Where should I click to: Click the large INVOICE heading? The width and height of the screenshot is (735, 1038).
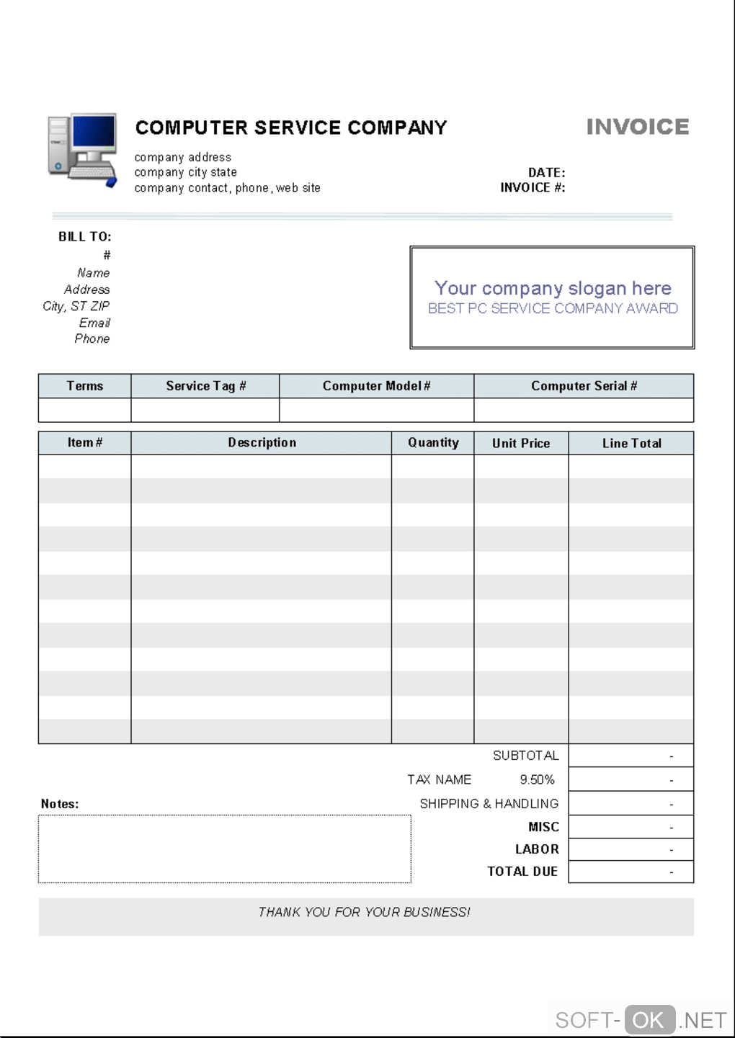tap(638, 127)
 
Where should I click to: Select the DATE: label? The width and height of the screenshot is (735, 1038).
tap(547, 173)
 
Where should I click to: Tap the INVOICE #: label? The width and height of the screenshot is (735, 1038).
tap(533, 187)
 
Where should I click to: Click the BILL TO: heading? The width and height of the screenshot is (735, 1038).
tap(85, 236)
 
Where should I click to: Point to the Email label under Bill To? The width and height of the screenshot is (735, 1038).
tap(94, 323)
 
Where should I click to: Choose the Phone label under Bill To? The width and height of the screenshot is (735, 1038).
tap(92, 339)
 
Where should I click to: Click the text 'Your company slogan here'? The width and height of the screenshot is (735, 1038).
tap(553, 288)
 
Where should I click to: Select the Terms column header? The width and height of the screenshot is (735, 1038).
tap(85, 386)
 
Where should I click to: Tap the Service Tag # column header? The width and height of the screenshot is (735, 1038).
tap(205, 386)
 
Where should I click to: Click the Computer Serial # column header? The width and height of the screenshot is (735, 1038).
tap(584, 386)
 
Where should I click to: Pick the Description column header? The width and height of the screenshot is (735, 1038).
tap(262, 443)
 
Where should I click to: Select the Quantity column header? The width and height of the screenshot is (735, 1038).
tap(433, 443)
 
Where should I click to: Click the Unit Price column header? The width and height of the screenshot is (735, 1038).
tap(521, 444)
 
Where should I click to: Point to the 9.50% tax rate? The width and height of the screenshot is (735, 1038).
tap(537, 779)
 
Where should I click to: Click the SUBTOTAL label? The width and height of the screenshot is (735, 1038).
tap(525, 756)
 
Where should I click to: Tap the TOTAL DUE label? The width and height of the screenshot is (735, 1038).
tap(522, 872)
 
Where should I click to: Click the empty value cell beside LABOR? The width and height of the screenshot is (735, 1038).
tap(631, 849)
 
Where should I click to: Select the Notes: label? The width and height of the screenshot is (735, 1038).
tap(60, 804)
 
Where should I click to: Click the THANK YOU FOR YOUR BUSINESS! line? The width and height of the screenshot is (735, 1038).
tap(364, 912)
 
